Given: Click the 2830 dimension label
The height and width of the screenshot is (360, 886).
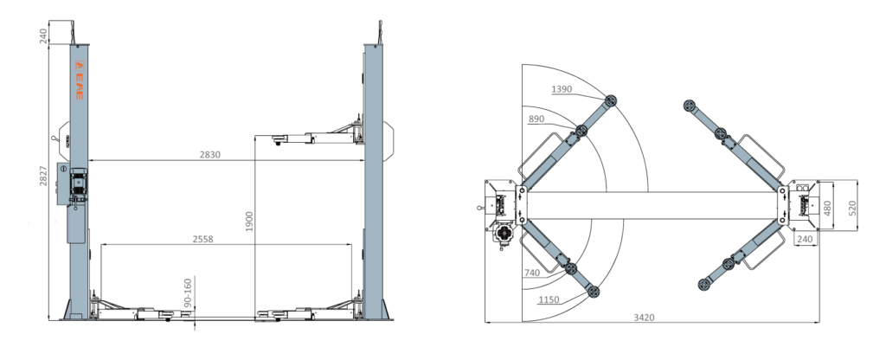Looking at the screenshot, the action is tap(209, 154).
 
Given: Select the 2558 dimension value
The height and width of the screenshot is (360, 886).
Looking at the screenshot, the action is tap(202, 239).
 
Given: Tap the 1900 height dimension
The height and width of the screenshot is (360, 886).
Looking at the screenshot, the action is tap(249, 222).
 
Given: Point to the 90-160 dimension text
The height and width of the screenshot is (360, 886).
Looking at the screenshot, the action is tap(189, 292).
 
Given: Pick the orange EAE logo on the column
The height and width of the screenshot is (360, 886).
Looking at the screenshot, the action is tap(79, 80).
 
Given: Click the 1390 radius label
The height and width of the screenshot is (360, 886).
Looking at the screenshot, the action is tap(562, 89).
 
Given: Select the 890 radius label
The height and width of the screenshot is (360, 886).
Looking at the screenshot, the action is tap(536, 119).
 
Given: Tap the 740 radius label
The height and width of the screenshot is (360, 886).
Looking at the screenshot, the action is tap(532, 273).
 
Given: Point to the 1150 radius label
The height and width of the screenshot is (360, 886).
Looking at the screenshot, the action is tap(549, 299).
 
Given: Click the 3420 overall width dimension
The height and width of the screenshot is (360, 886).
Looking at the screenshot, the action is tap(644, 318).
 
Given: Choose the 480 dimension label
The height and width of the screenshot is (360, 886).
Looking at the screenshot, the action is tap(827, 208).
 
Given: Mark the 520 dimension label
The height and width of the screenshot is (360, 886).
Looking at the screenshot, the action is tap(852, 208).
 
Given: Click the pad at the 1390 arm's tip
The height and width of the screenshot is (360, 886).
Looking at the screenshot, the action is tap(610, 101).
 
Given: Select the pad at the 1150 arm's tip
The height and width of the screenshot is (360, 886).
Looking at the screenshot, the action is tap(593, 292).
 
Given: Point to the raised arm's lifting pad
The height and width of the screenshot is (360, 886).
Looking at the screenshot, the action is tap(279, 138).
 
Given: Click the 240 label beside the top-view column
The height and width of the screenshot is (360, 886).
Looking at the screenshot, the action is tap(805, 239).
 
